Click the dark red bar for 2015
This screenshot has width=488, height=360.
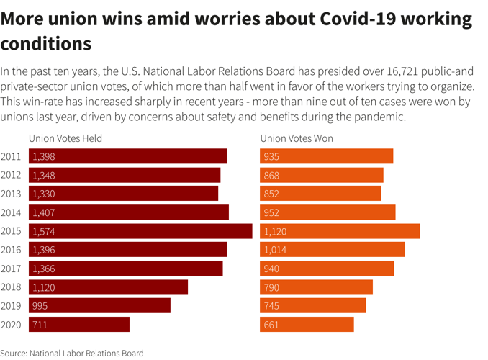140,231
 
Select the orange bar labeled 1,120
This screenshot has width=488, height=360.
340,231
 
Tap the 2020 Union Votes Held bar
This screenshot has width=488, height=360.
79,325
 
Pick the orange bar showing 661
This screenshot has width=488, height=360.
307,325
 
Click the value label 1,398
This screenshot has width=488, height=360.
43,156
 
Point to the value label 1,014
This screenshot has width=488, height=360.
275,250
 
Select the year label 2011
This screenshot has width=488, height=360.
11,156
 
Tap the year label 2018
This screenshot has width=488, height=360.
11,287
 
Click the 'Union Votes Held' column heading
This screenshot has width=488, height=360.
65,138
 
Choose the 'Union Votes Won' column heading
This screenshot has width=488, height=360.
297,138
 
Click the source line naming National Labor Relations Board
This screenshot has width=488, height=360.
72,353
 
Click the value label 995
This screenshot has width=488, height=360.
40,306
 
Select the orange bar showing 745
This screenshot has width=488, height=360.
313,306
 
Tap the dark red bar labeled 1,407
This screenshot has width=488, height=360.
129,212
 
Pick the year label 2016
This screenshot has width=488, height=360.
11,250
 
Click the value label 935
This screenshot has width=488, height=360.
271,156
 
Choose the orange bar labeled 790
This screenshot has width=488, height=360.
316,287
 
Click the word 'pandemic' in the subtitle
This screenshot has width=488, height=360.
381,117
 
